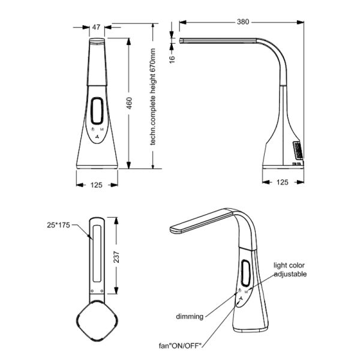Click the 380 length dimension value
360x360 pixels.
point(243,22)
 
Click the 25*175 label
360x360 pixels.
point(58,225)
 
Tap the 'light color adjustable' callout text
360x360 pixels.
point(290,269)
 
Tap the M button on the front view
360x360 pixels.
point(103,129)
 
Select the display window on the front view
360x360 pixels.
point(98,111)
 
